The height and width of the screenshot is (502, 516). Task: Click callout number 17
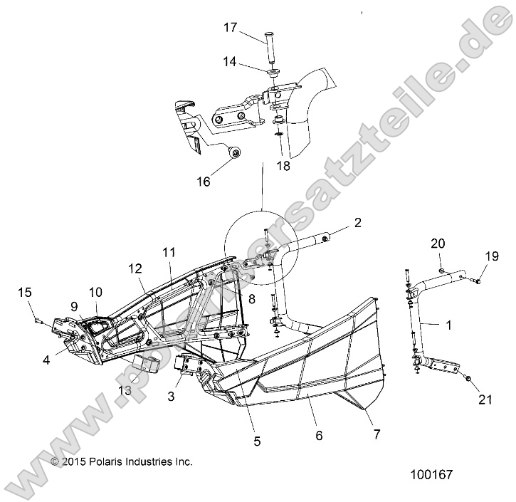[230, 28]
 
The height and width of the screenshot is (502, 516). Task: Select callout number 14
[230, 63]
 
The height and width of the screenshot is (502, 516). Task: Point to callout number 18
[283, 167]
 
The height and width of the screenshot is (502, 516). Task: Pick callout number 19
[492, 256]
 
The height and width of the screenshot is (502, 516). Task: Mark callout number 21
[485, 401]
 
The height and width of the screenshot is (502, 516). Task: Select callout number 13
[125, 390]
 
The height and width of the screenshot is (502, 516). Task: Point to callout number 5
[257, 441]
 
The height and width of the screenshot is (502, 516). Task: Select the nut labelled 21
[468, 378]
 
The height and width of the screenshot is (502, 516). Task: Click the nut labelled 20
[442, 271]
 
